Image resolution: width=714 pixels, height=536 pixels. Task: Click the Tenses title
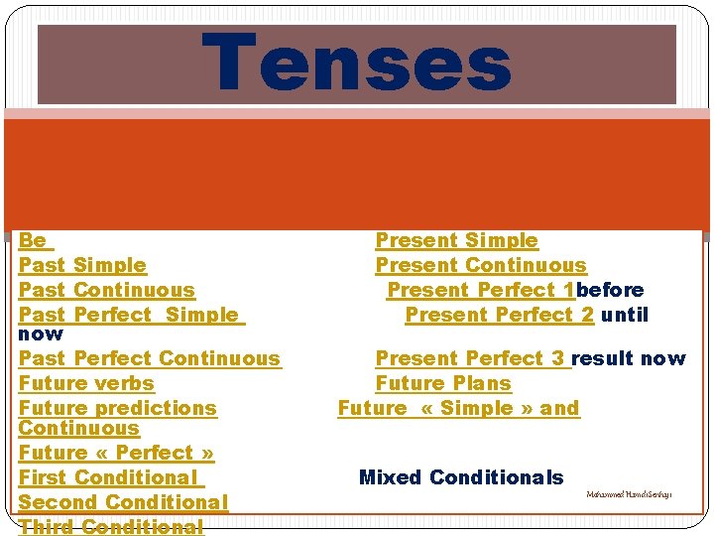click(357, 64)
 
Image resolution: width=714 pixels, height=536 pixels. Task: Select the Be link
click(33, 240)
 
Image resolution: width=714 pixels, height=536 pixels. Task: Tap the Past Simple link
click(82, 265)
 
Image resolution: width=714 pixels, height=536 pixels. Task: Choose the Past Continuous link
click(107, 290)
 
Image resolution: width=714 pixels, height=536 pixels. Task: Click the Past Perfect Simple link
click(129, 315)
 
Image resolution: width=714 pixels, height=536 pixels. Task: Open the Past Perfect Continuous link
click(150, 358)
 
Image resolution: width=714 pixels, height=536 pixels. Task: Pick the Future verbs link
click(86, 383)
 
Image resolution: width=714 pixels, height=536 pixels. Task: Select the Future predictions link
click(117, 408)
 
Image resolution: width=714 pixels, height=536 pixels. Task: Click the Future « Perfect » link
click(116, 453)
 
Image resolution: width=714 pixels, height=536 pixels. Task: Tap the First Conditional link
click(109, 477)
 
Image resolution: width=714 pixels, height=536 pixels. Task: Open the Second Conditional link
click(123, 502)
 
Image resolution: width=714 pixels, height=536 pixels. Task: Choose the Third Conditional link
click(110, 526)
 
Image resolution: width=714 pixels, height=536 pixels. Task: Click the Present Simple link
click(456, 240)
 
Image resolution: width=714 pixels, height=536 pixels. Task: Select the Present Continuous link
click(481, 265)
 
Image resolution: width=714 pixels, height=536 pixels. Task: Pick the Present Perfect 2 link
click(500, 315)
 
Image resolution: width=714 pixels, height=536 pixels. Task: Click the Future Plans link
click(443, 383)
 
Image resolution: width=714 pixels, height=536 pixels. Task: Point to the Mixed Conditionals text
click(461, 477)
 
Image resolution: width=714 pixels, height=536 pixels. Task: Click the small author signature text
click(629, 494)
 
